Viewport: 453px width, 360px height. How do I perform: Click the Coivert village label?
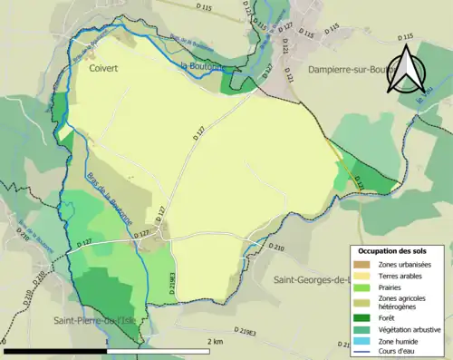pos(107,67)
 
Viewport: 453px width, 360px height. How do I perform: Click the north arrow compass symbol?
pos(405,71)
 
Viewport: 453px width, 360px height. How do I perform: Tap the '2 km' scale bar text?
pos(215,341)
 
